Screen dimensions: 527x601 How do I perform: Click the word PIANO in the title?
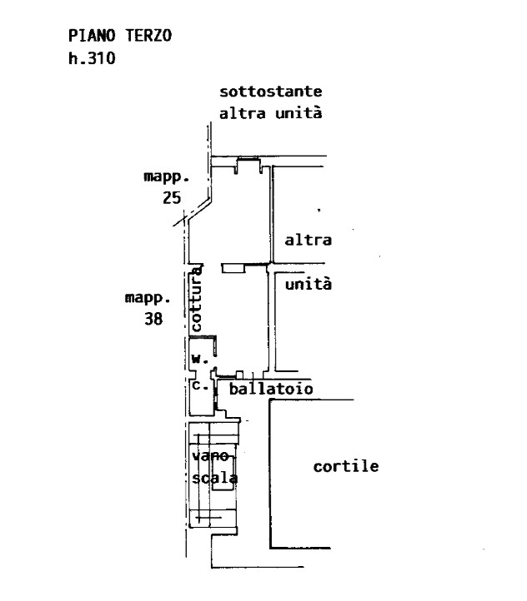(92, 36)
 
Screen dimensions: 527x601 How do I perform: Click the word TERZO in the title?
(148, 36)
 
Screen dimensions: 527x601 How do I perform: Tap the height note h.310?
(92, 58)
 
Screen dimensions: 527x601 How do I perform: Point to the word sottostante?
(271, 92)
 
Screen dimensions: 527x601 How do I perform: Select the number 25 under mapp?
(172, 198)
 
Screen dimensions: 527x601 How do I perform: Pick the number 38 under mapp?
(153, 319)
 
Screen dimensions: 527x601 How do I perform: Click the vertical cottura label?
(196, 299)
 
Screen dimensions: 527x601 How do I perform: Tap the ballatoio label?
(271, 389)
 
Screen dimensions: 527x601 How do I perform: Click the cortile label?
(346, 466)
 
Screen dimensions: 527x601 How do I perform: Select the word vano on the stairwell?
(210, 456)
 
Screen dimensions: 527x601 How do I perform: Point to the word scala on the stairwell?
(214, 478)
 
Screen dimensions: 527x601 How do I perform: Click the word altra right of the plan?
(309, 241)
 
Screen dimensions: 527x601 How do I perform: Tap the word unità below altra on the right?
(309, 284)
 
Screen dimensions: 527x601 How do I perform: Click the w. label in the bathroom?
(200, 359)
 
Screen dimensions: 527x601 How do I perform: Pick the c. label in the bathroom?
(200, 385)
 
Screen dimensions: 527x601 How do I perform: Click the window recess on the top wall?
(248, 165)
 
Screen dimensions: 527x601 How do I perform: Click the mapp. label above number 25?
(167, 177)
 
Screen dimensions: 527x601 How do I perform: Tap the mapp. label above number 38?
(148, 298)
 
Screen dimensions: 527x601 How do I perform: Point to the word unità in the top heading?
(299, 113)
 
